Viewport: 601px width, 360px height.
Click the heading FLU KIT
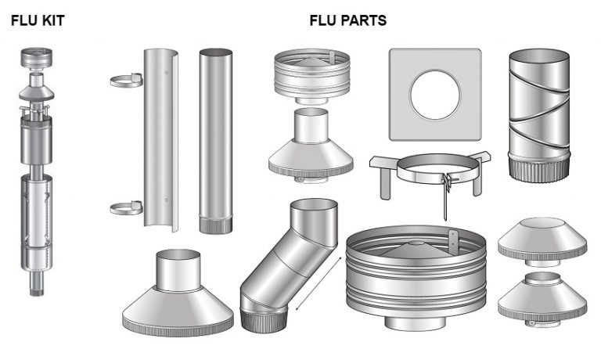pyautogui.click(x=38, y=20)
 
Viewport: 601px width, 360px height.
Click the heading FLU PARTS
pyautogui.click(x=348, y=20)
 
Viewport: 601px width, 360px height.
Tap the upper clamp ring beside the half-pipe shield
pyautogui.click(x=127, y=81)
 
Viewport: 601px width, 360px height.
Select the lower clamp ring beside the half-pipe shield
pyautogui.click(x=127, y=208)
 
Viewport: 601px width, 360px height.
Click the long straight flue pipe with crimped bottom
pyautogui.click(x=216, y=141)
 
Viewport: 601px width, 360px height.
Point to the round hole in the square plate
pyautogui.click(x=434, y=95)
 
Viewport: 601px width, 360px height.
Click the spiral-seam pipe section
pyautogui.click(x=539, y=115)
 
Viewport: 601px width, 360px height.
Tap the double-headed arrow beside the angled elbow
pyautogui.click(x=318, y=283)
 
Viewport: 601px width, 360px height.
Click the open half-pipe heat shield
pyautogui.click(x=161, y=140)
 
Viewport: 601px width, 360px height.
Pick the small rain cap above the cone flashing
pyautogui.click(x=312, y=76)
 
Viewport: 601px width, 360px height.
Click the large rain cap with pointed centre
pyautogui.click(x=416, y=277)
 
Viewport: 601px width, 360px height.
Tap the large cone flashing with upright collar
pyautogui.click(x=178, y=293)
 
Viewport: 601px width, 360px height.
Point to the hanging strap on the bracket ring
pyautogui.click(x=445, y=196)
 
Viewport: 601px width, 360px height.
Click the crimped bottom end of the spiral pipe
pyautogui.click(x=539, y=171)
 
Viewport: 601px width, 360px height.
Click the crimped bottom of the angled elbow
pyautogui.click(x=264, y=319)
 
